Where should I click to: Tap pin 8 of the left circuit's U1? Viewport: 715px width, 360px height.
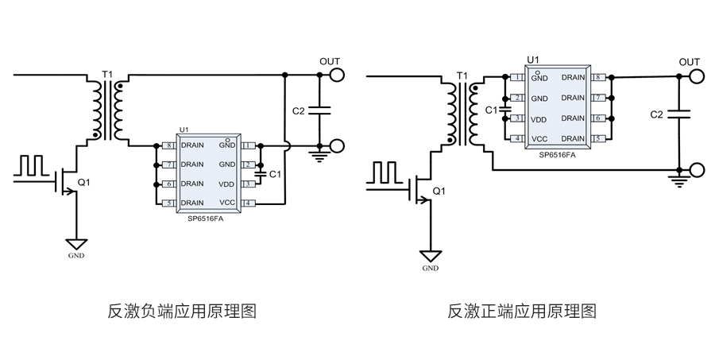point(168,146)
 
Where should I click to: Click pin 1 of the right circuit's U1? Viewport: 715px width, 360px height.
point(518,77)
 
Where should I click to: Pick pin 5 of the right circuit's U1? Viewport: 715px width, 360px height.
point(597,138)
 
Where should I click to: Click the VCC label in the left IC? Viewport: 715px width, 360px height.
point(227,203)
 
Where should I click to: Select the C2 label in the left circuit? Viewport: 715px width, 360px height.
point(299,111)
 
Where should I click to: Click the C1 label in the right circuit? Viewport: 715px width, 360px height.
point(490,110)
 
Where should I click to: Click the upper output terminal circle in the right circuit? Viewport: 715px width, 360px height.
point(697,76)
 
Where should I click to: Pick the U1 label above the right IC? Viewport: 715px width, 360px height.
point(533,60)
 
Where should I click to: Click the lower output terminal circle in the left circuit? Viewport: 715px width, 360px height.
point(338,146)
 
